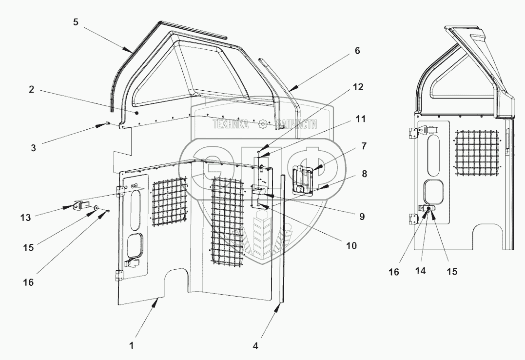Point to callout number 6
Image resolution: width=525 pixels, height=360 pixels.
point(357,51)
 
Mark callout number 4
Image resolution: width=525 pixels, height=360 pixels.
point(256,346)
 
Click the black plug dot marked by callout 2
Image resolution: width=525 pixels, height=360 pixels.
point(137,113)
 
